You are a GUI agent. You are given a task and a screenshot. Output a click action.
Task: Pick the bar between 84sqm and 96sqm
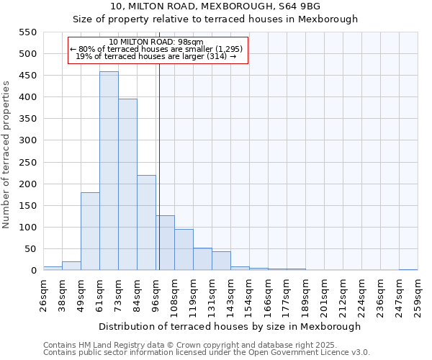pos(146,223)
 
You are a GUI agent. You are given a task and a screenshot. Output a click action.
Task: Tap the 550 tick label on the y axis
pos(27,32)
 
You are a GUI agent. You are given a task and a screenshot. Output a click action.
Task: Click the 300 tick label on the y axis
pos(27,140)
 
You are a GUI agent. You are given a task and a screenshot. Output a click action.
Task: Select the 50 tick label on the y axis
pos(30,249)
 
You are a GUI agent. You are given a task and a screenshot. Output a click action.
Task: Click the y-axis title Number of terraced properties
pos(6,154)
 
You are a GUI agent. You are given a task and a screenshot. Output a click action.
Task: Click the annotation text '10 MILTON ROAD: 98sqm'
pos(158,42)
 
